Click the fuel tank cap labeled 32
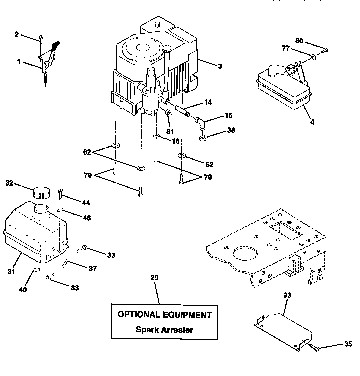(x=41, y=192)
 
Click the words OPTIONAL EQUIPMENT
(x=164, y=315)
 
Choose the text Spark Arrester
(x=164, y=330)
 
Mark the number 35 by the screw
(x=348, y=344)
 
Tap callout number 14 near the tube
(x=207, y=102)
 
